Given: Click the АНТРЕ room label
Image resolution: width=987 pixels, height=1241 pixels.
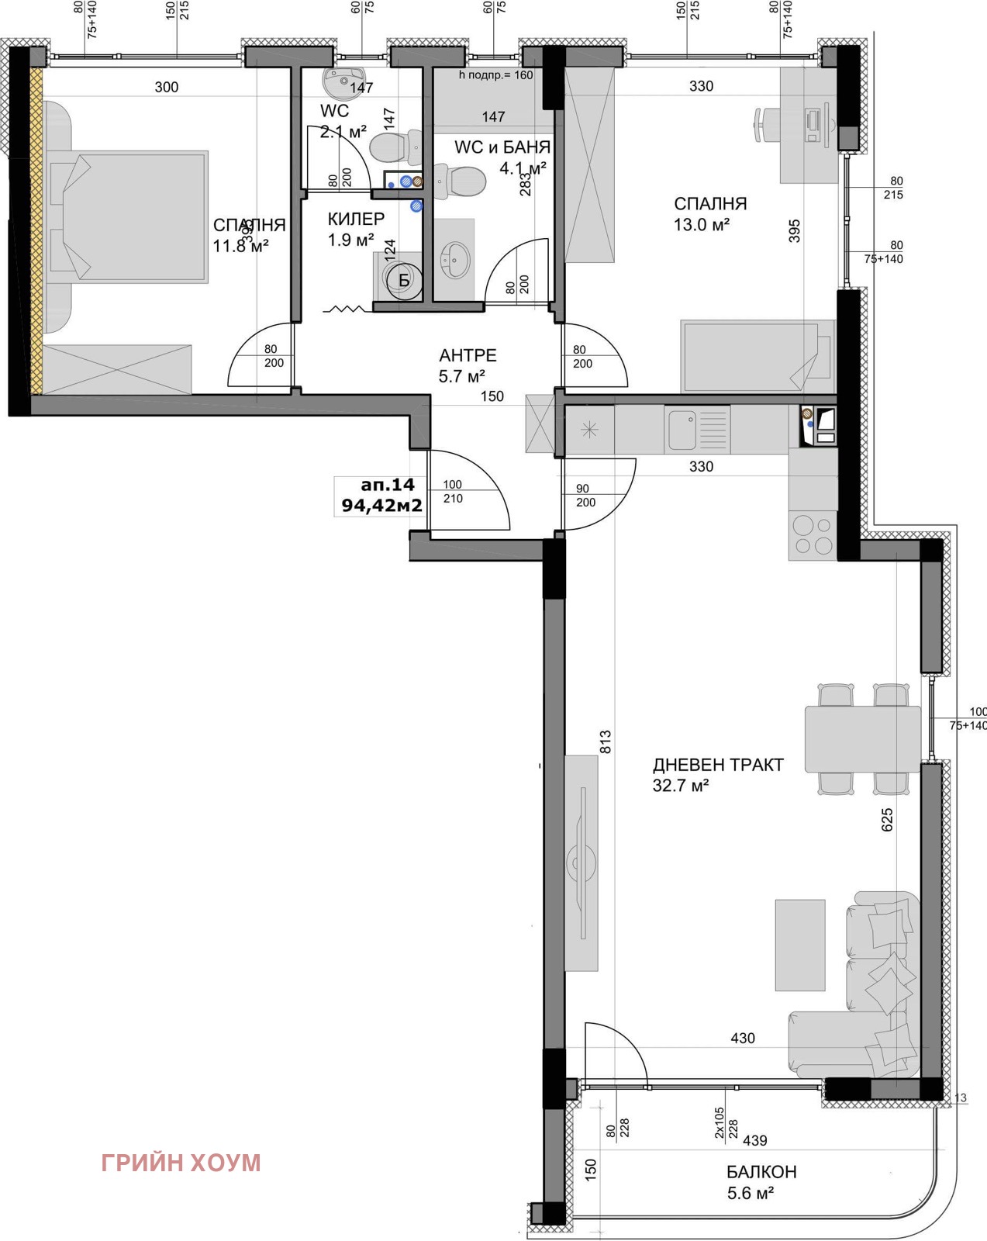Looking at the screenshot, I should pos(468,356).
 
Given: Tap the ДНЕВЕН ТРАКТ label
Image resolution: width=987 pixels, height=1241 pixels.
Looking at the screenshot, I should pos(718,765).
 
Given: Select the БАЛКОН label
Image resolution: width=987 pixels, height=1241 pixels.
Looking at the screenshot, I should pos(761,1172).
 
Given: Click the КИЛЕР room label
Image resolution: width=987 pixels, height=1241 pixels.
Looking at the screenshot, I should pos(356,220).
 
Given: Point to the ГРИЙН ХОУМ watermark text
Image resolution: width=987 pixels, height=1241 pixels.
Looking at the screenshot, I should pos(181,1163).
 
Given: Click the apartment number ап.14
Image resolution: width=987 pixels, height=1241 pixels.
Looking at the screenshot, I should pos(388,485).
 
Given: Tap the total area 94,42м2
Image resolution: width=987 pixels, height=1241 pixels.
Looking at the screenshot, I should pos(382,506).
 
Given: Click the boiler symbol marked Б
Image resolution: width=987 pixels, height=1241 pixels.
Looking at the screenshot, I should pos(403,281).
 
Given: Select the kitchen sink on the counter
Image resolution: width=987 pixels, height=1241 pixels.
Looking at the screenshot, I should pos(683,429).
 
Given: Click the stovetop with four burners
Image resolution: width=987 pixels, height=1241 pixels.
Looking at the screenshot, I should pos(813,535).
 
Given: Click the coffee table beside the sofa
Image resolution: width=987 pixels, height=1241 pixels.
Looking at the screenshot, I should pos(799,945).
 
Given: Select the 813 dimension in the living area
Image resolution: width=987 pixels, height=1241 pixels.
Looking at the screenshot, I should pos(606,741).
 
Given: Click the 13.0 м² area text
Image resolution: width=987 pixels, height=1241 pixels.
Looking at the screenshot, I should pos(702,225).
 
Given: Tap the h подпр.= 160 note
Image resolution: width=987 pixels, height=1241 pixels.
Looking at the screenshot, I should pos(496,75).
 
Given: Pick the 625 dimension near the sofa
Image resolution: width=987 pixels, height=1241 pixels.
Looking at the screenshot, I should pos(887,820).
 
